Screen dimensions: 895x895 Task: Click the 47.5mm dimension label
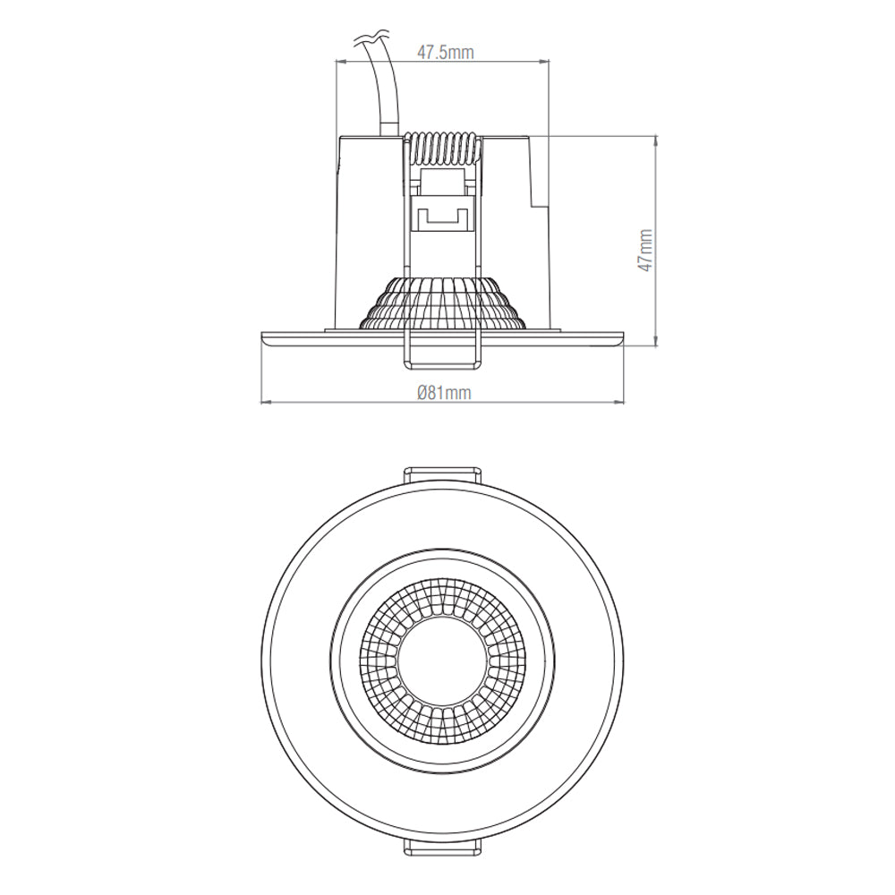click(445, 52)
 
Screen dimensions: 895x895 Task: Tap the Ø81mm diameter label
click(443, 392)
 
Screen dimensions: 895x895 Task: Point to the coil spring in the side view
click(442, 149)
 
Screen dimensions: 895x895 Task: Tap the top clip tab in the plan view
click(442, 473)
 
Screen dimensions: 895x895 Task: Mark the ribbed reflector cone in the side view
click(441, 304)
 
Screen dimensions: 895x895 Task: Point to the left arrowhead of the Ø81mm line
click(263, 404)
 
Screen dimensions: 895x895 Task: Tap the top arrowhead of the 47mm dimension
click(658, 140)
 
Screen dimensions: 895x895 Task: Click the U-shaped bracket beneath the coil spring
click(442, 215)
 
